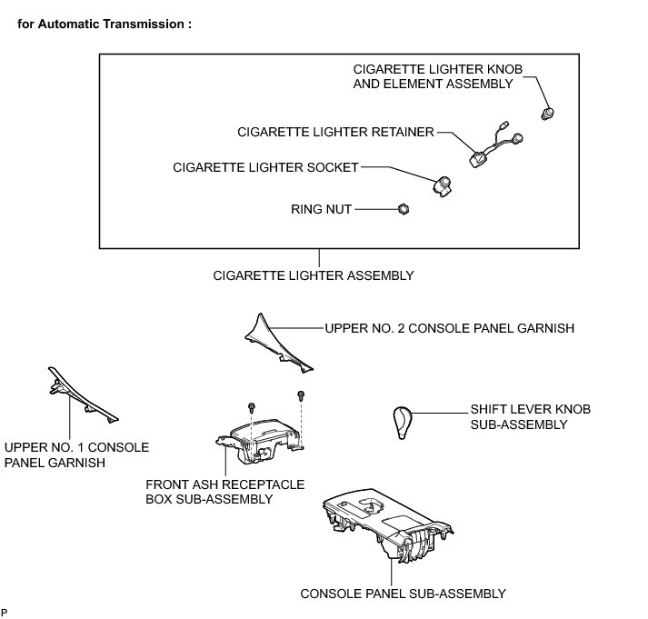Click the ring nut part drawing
(404, 209)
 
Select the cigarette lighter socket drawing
(444, 185)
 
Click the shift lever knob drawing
(404, 421)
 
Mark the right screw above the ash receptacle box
(300, 395)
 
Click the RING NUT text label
(321, 209)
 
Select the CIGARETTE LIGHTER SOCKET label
(265, 167)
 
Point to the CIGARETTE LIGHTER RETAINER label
(335, 132)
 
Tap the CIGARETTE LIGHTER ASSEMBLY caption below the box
(312, 275)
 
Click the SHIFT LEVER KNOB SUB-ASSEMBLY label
(531, 417)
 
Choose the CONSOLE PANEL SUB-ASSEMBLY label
(403, 594)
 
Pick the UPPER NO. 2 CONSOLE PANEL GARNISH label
(449, 327)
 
